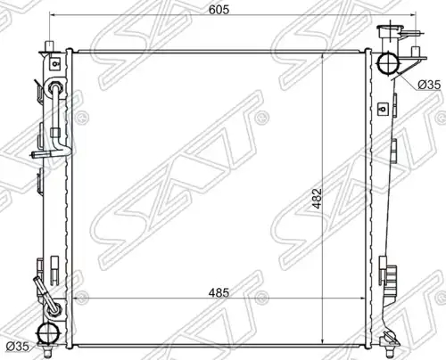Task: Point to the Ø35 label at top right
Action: [x=429, y=85]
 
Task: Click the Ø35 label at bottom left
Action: [x=18, y=346]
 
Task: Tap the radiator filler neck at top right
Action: [x=390, y=37]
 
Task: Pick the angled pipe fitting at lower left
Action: [x=45, y=294]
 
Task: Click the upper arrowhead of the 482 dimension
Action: [x=323, y=56]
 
